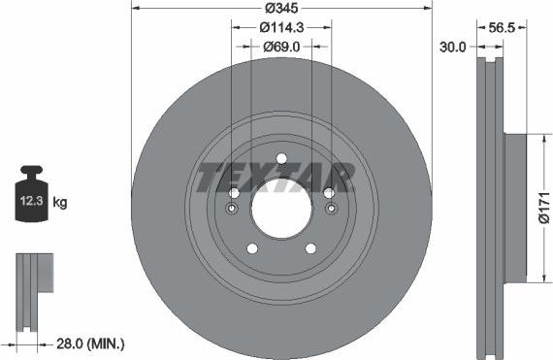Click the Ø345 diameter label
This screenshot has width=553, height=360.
coord(281,8)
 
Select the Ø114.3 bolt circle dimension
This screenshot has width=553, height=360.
coord(281,27)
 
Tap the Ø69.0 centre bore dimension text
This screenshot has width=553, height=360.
coord(281,46)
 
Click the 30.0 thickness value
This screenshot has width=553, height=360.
coord(453,46)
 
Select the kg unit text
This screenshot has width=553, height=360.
coord(59,203)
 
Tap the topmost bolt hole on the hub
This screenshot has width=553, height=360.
coord(281,159)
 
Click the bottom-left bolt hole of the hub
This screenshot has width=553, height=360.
coord(252,248)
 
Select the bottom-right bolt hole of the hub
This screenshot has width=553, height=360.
coord(310,248)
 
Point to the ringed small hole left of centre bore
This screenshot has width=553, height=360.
coord(232,209)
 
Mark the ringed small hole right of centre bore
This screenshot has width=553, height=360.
coord(331,209)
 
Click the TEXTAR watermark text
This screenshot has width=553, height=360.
coord(275,179)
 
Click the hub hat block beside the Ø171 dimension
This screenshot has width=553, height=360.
coord(514,207)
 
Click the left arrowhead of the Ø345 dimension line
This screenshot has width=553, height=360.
coord(134,8)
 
